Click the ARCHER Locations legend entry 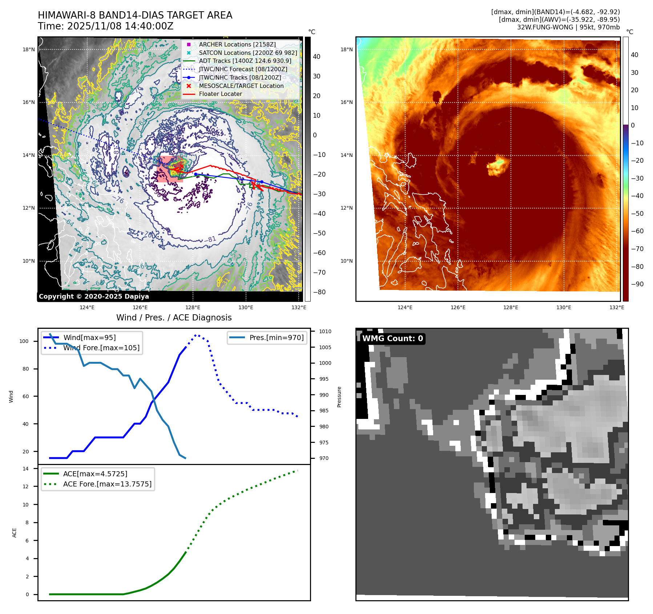point(237,44)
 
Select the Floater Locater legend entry point(220,94)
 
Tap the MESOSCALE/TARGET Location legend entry point(241,86)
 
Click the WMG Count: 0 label point(392,338)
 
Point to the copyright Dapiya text point(94,296)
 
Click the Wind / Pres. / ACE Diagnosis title point(174,318)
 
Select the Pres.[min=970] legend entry point(276,338)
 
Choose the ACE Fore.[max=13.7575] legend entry point(107,484)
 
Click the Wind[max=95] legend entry point(89,338)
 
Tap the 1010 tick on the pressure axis point(325,331)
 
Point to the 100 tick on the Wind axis point(24,341)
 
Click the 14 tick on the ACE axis point(25,469)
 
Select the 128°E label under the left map point(193,307)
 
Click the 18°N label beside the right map point(346,49)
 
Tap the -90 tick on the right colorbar point(637,284)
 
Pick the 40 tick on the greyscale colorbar point(317,57)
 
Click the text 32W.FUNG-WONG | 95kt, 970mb point(568,27)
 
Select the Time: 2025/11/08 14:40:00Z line point(105,26)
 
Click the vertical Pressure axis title point(339,397)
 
